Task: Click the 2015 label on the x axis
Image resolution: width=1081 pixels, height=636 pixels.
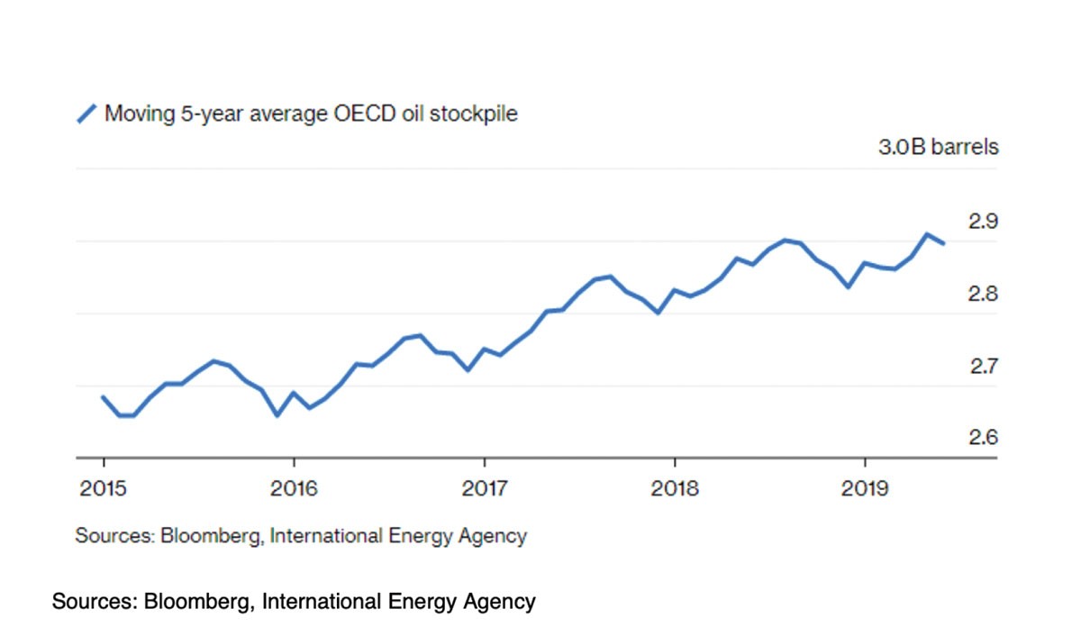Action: (103, 489)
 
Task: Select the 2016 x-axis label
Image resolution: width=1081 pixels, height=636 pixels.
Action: (293, 489)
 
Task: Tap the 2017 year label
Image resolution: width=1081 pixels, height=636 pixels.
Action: (484, 489)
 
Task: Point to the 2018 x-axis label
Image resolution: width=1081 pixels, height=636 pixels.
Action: (674, 489)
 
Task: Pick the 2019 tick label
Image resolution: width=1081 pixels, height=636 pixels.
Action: (864, 489)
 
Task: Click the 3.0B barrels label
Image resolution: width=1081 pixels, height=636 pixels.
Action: (938, 147)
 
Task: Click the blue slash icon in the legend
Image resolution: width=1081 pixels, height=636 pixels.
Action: (86, 114)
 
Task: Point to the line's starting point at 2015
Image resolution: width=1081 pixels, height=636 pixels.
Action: (104, 396)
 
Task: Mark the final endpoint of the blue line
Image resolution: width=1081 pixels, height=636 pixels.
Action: (943, 243)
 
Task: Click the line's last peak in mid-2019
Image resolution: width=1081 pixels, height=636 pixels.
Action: (927, 234)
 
